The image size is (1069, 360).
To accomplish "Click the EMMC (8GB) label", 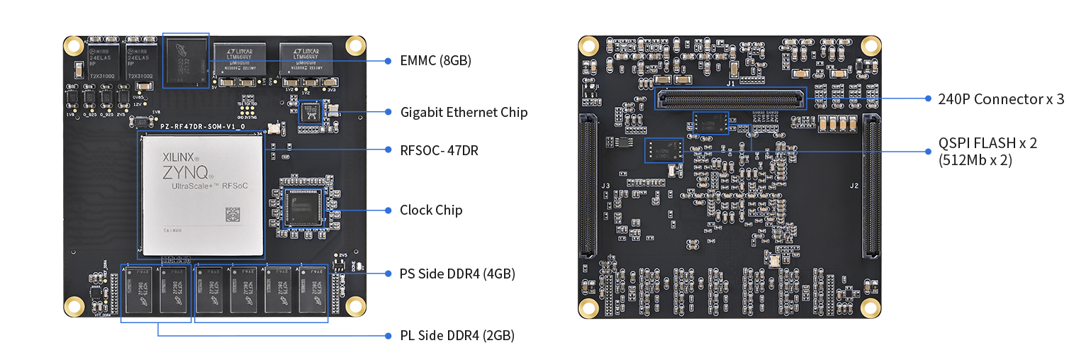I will (x=435, y=61).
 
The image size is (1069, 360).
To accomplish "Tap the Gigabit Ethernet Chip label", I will (x=464, y=112).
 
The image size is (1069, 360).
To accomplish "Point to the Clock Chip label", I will (x=431, y=210).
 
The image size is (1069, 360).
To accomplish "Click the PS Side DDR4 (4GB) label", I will (x=457, y=274).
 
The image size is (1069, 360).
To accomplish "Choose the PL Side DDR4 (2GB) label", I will (x=457, y=335).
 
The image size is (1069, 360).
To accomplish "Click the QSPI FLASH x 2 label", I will (x=987, y=143).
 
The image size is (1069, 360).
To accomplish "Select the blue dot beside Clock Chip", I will (x=388, y=210).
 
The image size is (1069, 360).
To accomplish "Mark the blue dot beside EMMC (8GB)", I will (x=388, y=61).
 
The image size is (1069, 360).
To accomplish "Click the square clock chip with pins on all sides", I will (x=304, y=206).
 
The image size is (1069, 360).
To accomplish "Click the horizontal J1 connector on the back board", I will (x=732, y=99).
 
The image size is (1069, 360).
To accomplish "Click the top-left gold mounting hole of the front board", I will (x=73, y=46).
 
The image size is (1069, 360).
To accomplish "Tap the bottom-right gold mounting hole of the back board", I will (x=871, y=308).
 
